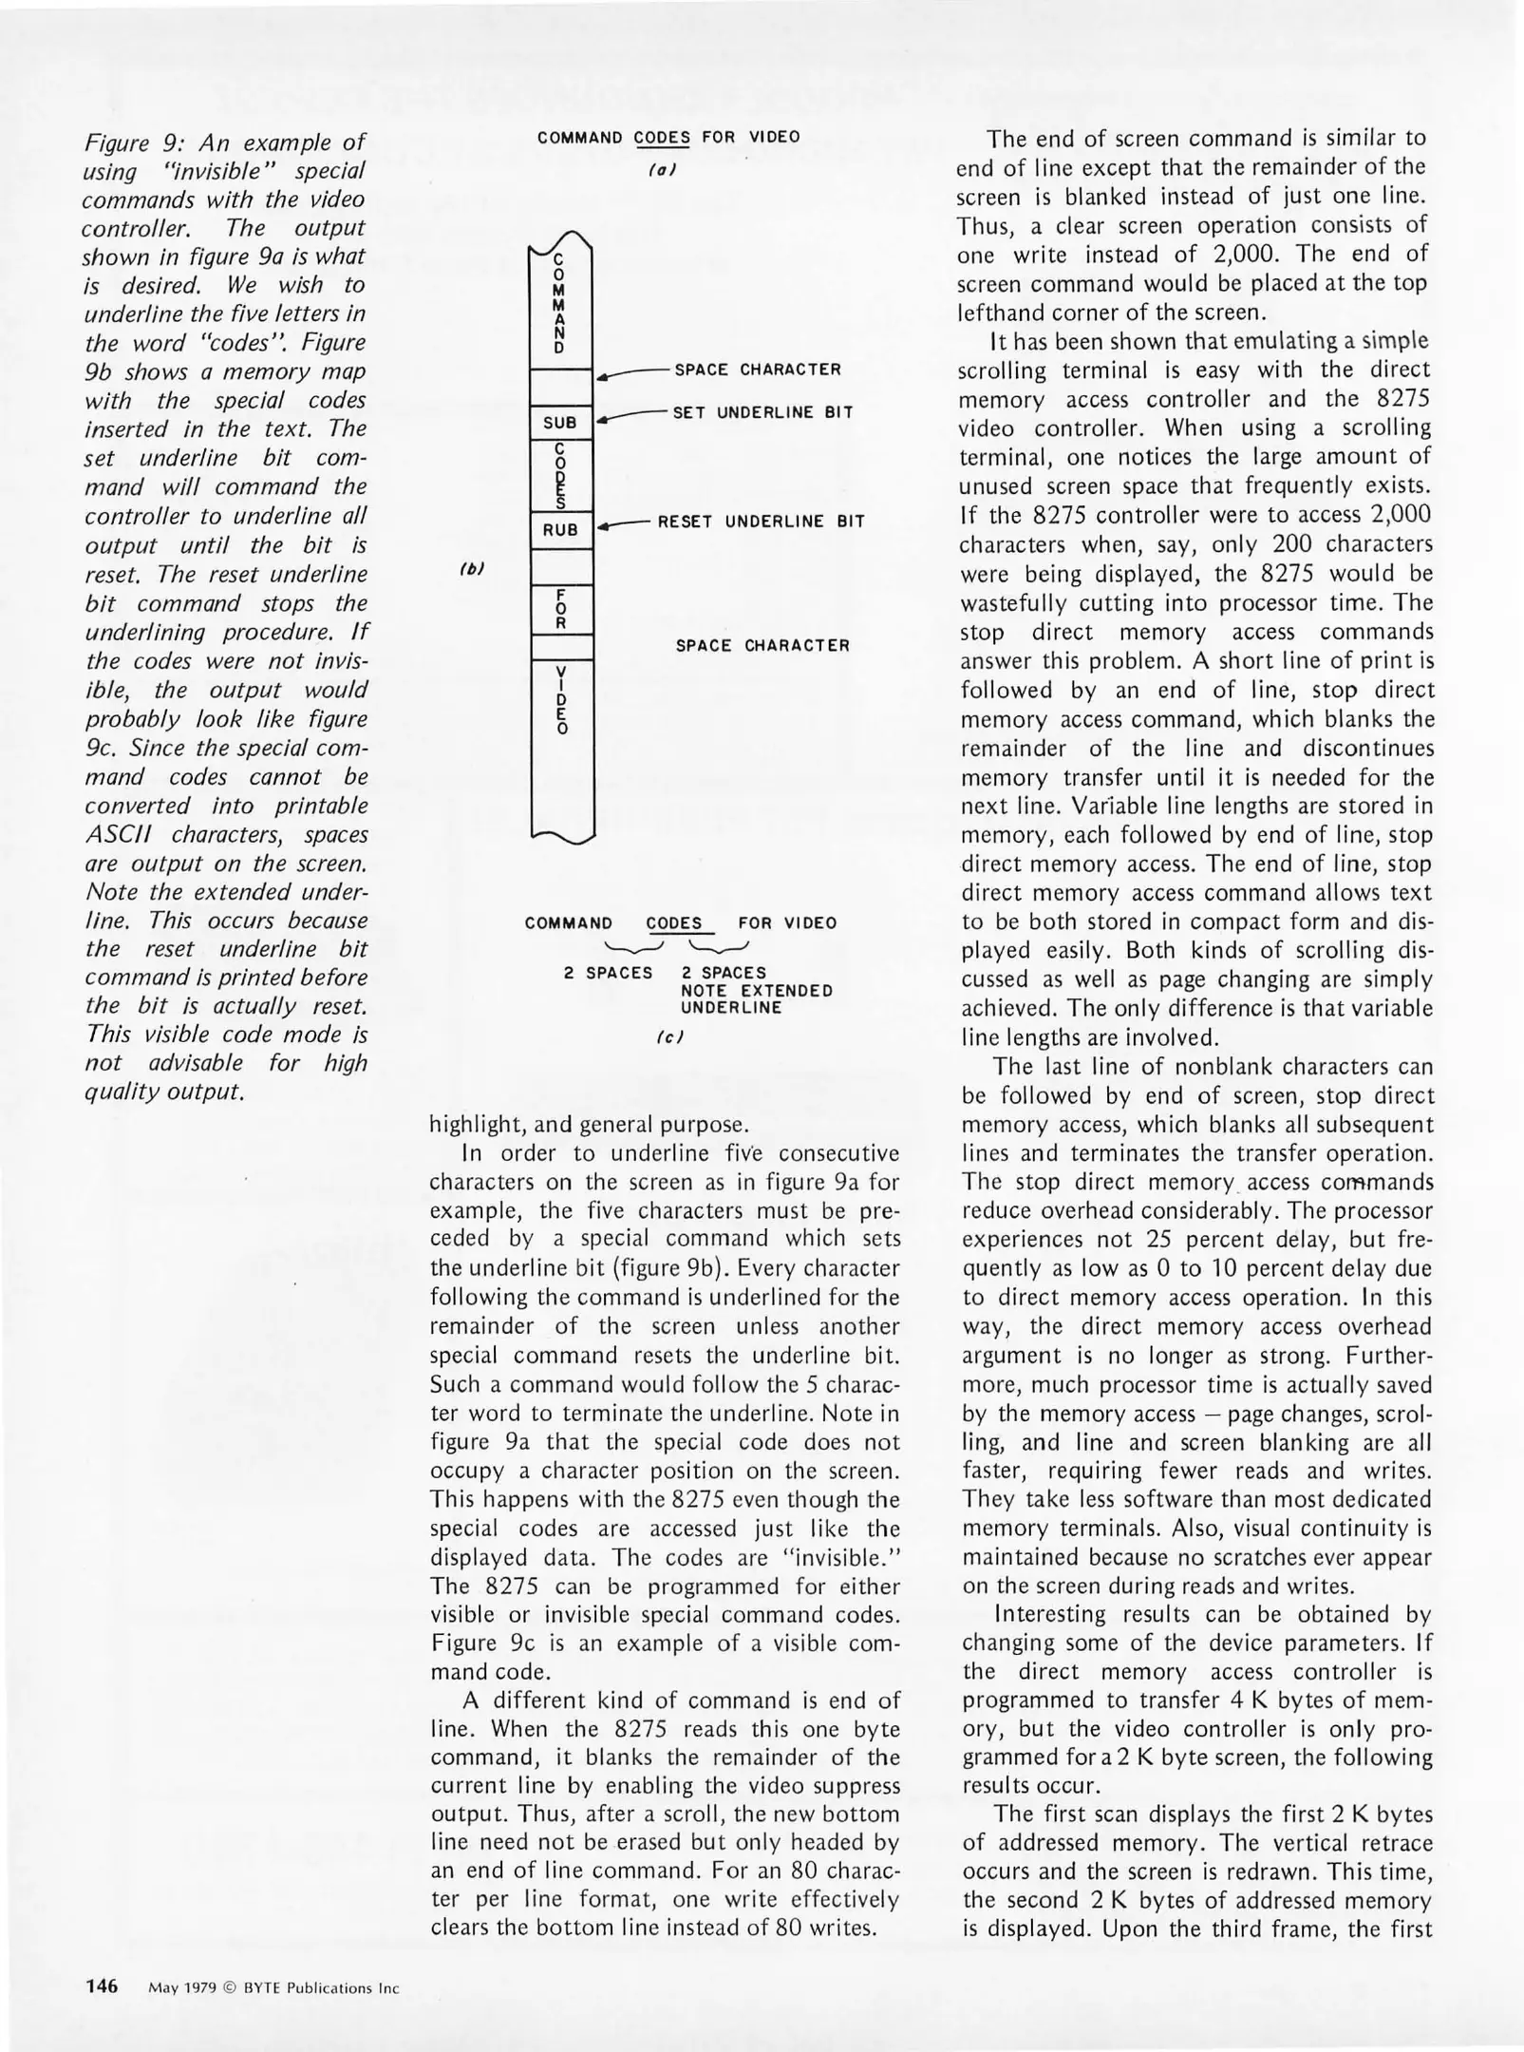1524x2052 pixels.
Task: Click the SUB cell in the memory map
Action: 560,423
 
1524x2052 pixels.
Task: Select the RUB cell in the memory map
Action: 560,530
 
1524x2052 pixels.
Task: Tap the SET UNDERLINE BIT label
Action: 762,412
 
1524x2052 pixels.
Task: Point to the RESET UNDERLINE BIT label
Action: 761,522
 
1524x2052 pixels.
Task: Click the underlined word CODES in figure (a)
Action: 662,137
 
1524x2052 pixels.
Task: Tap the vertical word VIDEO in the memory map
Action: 561,701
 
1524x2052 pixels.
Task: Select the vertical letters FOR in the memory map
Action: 561,609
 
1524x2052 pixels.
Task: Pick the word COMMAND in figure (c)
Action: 569,923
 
